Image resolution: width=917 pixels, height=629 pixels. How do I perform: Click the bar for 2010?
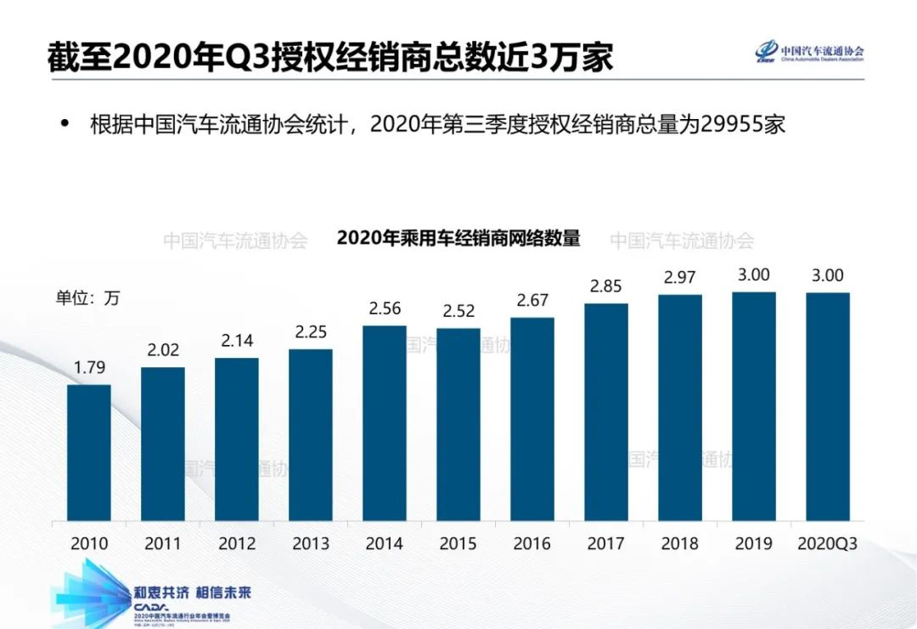[89, 452]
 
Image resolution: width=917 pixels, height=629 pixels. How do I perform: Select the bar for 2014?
[385, 422]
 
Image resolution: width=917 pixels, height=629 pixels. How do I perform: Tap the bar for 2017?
[606, 411]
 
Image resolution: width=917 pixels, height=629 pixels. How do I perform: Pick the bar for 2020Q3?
[828, 406]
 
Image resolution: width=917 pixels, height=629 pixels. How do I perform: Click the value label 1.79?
[89, 369]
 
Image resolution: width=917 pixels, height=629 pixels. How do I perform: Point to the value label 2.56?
[385, 309]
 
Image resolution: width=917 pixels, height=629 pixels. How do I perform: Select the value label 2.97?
[680, 278]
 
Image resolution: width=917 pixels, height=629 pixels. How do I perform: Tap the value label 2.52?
[458, 311]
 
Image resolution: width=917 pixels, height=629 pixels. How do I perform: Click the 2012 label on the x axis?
[237, 544]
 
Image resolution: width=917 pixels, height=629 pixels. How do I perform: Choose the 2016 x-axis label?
[532, 544]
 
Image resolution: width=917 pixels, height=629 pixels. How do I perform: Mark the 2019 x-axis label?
[754, 544]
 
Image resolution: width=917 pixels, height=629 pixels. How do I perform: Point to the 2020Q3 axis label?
[828, 544]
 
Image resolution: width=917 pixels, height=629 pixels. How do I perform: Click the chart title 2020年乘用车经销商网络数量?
[458, 238]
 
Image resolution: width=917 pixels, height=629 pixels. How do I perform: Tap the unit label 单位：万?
[88, 297]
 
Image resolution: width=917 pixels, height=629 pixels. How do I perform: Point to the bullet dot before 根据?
[64, 125]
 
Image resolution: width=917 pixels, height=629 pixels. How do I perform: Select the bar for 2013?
[311, 434]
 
